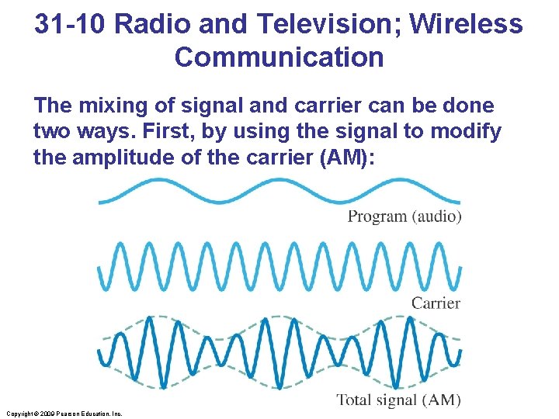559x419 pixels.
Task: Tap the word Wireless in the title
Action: coord(466,24)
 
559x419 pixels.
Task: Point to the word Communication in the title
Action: coord(279,57)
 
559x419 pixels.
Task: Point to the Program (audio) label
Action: coord(404,216)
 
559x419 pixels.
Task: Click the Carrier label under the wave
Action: coord(436,303)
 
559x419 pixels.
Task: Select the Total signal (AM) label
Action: coord(398,400)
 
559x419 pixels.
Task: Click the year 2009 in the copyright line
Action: coord(45,414)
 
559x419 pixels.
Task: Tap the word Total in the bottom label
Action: coord(353,400)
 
